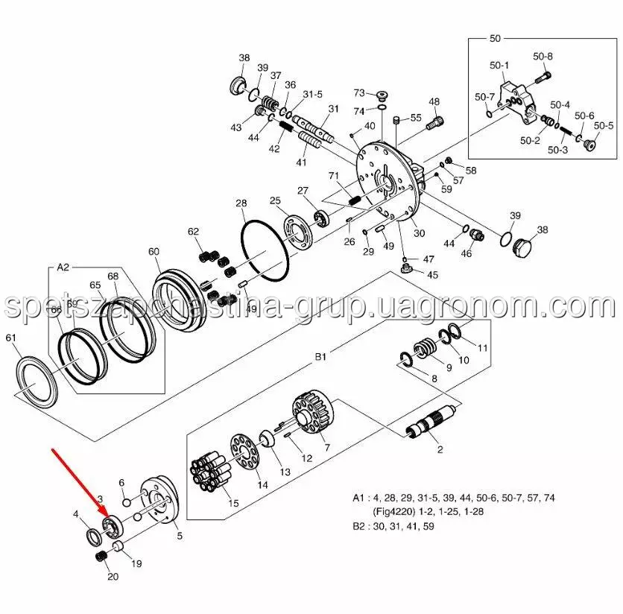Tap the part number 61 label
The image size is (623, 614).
[10, 338]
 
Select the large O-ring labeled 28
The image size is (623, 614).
[264, 251]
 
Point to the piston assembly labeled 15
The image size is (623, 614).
[211, 472]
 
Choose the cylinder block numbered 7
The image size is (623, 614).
[314, 413]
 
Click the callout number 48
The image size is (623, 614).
[434, 102]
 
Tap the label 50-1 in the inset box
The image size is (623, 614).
[499, 65]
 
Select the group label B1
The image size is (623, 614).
[320, 357]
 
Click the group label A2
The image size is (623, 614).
[63, 267]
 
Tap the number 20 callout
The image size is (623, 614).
[113, 576]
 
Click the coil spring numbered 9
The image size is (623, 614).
[425, 348]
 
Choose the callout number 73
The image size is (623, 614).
[359, 92]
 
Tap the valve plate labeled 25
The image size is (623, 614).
[298, 232]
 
